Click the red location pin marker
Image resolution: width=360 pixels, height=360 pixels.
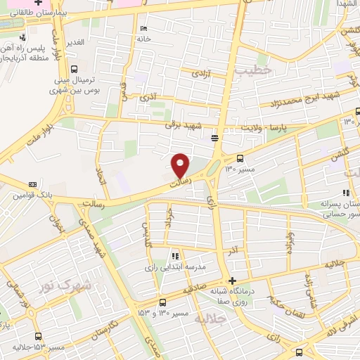pyautogui.click(x=181, y=165)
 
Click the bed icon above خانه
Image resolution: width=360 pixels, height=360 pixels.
pyautogui.click(x=143, y=29)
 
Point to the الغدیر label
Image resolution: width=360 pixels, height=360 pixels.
pyautogui.click(x=74, y=43)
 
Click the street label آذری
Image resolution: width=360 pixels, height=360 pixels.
pyautogui.click(x=149, y=94)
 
